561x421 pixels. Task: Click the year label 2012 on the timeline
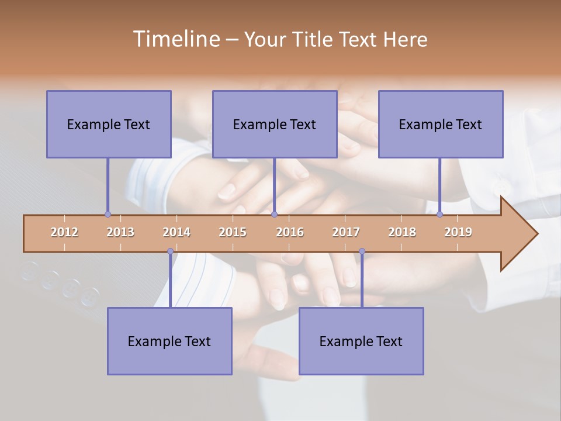(x=64, y=232)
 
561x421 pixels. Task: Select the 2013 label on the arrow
(x=120, y=232)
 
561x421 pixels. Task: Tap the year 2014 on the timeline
(x=176, y=232)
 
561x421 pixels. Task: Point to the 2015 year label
(x=233, y=232)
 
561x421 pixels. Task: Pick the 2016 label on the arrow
(x=290, y=232)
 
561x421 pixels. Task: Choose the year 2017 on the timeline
(x=346, y=232)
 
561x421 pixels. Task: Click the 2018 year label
(x=402, y=232)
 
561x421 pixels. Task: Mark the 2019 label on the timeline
(x=458, y=232)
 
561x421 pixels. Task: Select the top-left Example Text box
(x=109, y=124)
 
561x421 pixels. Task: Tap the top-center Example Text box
(x=275, y=124)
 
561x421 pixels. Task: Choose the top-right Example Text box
(x=441, y=124)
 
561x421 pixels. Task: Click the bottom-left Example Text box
(x=169, y=341)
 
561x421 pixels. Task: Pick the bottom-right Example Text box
(x=361, y=341)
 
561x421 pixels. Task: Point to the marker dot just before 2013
(x=108, y=215)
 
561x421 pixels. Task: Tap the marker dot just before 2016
(x=275, y=215)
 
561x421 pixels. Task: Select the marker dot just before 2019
(x=440, y=215)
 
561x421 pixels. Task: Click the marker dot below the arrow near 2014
(x=170, y=251)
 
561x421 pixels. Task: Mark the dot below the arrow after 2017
(x=362, y=251)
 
